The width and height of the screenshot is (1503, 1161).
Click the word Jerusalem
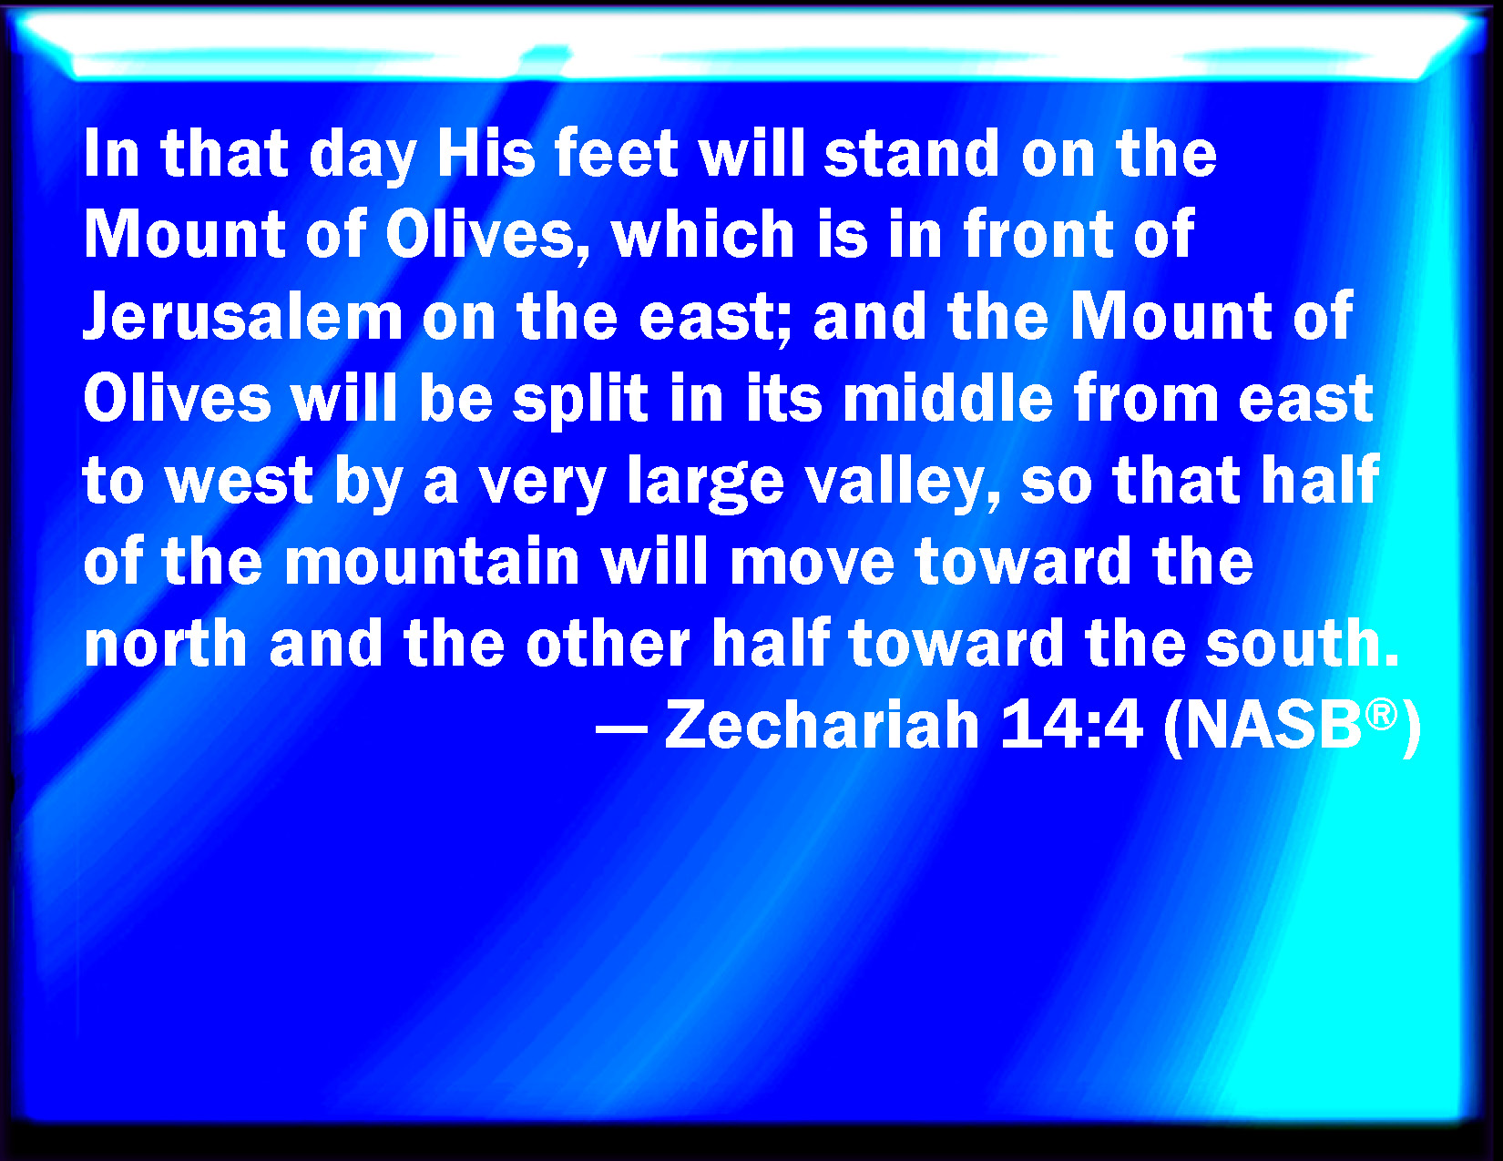pyautogui.click(x=243, y=317)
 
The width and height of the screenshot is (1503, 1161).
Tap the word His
pyautogui.click(x=486, y=153)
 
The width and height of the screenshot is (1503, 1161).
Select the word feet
pyautogui.click(x=617, y=153)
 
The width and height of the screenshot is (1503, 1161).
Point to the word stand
pyautogui.click(x=912, y=153)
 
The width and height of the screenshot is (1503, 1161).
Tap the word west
pyautogui.click(x=239, y=482)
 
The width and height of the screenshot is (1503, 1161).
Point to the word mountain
pyautogui.click(x=432, y=562)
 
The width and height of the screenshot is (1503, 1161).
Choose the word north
pyautogui.click(x=165, y=644)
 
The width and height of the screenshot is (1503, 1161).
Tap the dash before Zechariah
pyautogui.click(x=621, y=728)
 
